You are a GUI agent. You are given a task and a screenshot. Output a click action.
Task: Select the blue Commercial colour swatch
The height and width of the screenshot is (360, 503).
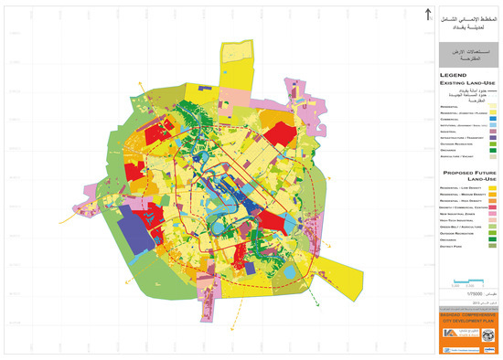(492, 119)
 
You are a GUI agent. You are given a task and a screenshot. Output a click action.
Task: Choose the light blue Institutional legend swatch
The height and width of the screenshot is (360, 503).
(492, 125)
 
